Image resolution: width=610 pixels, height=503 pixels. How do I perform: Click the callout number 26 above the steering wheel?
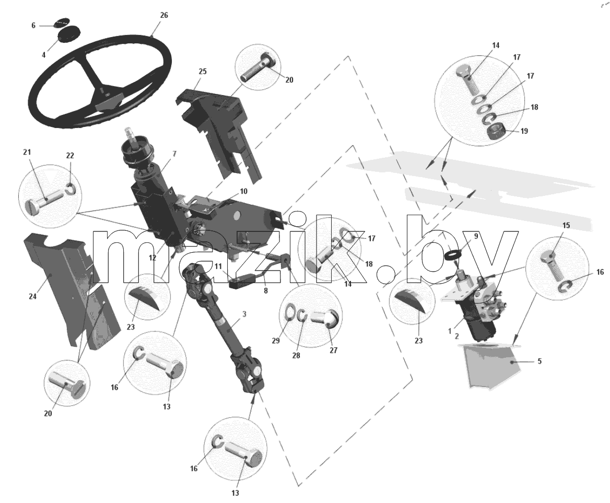164,15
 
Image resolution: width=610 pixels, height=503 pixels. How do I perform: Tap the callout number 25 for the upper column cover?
203,72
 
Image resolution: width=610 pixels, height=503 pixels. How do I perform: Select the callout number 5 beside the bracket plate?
539,361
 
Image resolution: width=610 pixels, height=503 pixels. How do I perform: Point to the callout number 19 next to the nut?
524,131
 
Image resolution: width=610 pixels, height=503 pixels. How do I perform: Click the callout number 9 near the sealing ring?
476,236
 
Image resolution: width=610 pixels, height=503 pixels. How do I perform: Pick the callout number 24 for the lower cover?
33,297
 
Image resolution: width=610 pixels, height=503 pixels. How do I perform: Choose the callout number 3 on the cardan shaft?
244,314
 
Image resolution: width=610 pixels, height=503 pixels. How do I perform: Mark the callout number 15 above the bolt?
566,226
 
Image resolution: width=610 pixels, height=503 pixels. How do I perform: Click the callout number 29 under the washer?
276,341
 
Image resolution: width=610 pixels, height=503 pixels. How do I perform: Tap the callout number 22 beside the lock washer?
70,156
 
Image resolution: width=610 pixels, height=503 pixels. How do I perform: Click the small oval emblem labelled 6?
62,22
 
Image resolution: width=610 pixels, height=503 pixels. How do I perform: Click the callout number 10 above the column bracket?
243,192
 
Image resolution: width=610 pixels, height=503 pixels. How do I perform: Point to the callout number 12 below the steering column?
152,258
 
